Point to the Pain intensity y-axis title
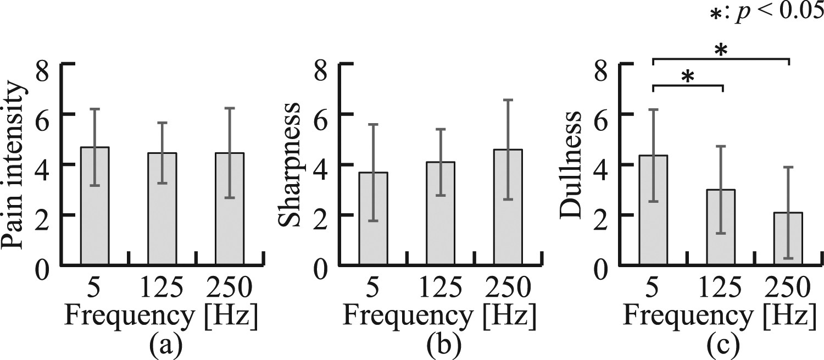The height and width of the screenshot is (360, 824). [x=15, y=164]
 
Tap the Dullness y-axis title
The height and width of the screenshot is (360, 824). [x=571, y=164]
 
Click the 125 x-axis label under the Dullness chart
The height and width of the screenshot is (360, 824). [x=720, y=287]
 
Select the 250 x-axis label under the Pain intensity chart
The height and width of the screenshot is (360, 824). [x=230, y=287]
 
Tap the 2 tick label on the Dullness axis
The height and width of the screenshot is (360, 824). [x=603, y=215]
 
